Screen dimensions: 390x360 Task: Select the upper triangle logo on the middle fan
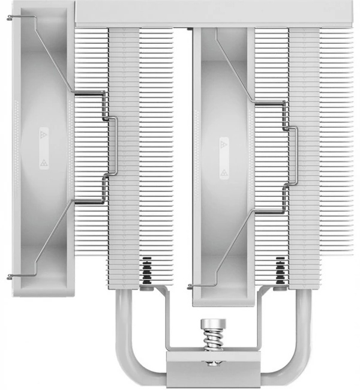point(224,145)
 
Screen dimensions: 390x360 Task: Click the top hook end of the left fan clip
point(10,18)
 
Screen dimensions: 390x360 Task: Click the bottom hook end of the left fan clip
point(10,277)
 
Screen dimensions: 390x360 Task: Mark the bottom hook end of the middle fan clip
point(191,284)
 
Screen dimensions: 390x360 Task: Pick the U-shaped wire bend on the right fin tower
point(295,156)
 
